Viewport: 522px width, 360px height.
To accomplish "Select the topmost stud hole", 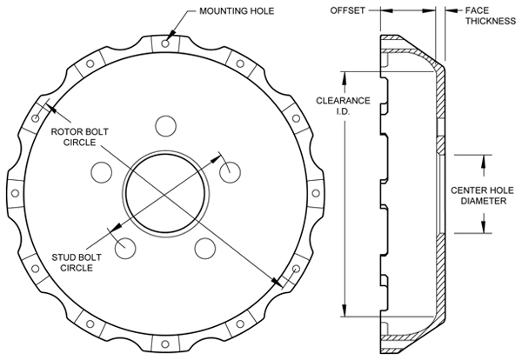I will pyautogui.click(x=165, y=123).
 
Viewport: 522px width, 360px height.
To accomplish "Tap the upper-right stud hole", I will pyautogui.click(x=231, y=170).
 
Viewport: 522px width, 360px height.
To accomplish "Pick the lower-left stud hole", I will pyautogui.click(x=125, y=247).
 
